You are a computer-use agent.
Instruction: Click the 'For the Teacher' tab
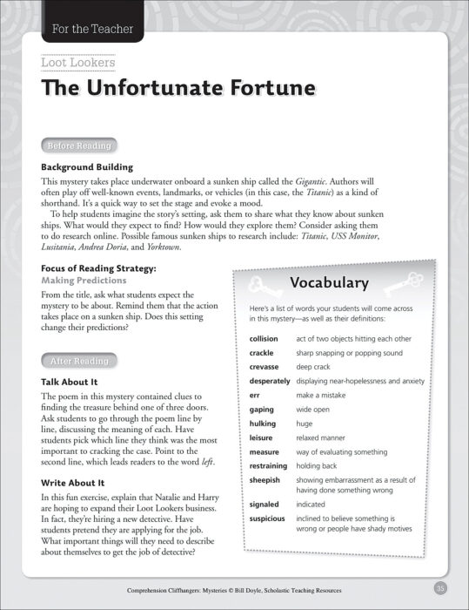91,29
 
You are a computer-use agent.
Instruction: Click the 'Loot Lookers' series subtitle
78,63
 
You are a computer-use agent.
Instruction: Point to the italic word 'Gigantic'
308,181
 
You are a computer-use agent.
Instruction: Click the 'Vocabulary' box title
330,283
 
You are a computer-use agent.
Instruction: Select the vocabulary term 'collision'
264,338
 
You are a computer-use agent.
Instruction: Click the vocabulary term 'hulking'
262,424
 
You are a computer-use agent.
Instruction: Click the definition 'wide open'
317,409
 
